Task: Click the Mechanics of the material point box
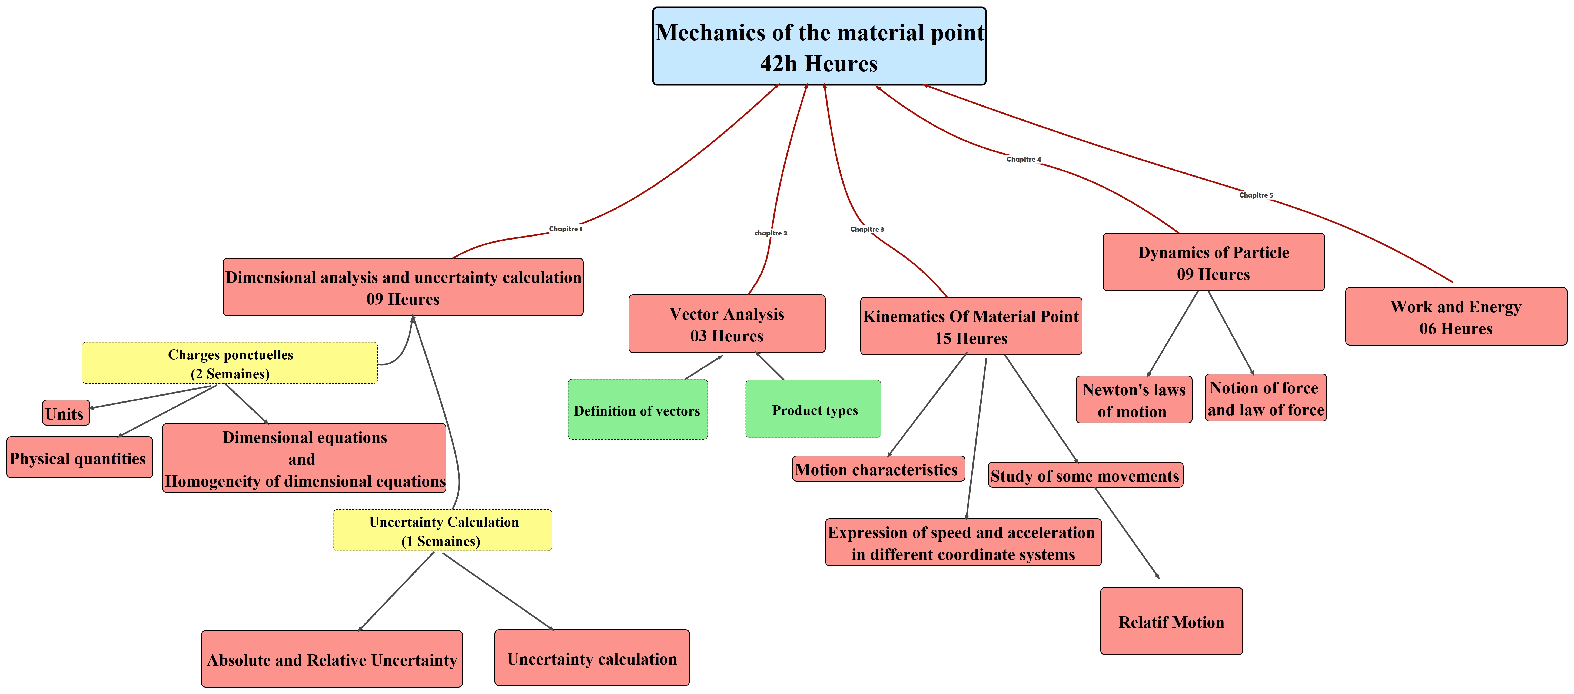(x=819, y=47)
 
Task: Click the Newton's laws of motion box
(x=1133, y=400)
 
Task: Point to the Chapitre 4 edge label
(x=1024, y=160)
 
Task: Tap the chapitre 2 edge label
(x=771, y=233)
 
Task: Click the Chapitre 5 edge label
(x=1256, y=195)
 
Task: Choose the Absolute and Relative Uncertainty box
(x=332, y=659)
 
